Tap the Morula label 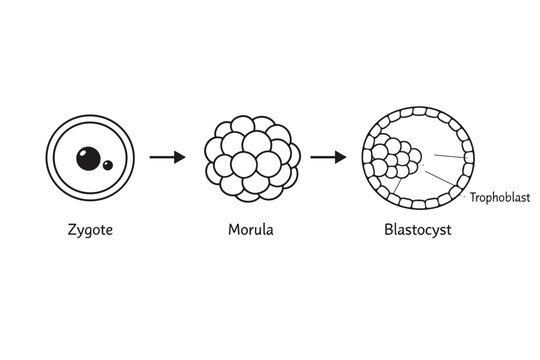click(251, 231)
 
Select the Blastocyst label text click(418, 231)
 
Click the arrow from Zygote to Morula click(167, 157)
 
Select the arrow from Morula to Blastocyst click(328, 157)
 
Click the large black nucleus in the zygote click(88, 158)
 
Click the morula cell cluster click(250, 158)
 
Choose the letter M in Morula click(233, 230)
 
